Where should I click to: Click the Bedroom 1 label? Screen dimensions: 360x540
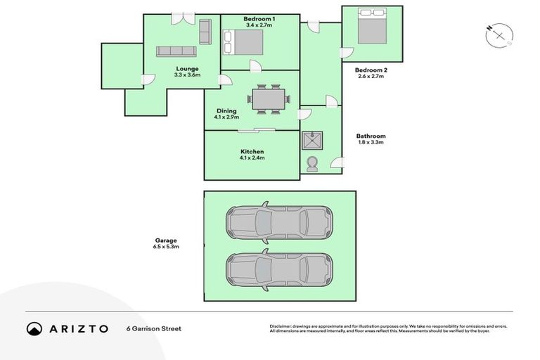click(259, 18)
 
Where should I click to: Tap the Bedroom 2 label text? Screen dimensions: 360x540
click(371, 70)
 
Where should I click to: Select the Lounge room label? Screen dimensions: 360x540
click(187, 68)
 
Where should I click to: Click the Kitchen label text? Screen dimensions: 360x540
click(252, 152)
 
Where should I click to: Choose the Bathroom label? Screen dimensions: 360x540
click(371, 136)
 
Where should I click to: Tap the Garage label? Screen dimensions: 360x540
click(167, 240)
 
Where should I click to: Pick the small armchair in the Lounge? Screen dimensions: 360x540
click(205, 32)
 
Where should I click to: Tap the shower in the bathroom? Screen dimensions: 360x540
click(312, 141)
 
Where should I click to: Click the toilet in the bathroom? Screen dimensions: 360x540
click(312, 163)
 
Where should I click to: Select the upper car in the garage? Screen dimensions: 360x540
click(278, 223)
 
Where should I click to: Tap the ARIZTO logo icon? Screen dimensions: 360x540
click(34, 328)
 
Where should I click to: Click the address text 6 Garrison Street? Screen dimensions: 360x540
click(154, 328)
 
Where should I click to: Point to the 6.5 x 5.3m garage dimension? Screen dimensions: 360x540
click(167, 247)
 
